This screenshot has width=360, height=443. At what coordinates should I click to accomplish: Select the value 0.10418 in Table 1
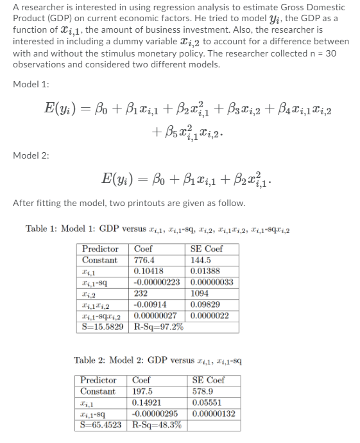coord(149,272)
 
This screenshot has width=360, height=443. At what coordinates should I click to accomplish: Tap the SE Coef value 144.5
coord(202,260)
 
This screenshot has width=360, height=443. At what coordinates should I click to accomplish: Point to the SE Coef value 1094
coord(201,293)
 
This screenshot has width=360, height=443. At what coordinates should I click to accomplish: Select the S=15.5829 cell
coord(103,327)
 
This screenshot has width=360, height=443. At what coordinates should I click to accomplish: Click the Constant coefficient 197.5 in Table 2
coord(142,391)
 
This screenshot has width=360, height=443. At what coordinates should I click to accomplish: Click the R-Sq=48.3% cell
coord(156,424)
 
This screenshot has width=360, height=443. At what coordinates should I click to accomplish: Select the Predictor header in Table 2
coord(98,379)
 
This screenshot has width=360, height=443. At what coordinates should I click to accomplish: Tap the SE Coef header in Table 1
coord(207,249)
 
